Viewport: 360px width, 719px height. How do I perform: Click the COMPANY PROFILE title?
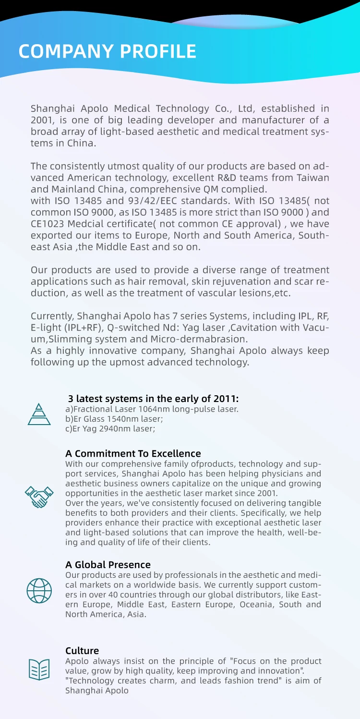(x=108, y=51)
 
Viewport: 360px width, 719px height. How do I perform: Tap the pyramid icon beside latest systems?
(x=39, y=413)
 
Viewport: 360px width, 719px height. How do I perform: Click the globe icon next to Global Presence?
(x=39, y=590)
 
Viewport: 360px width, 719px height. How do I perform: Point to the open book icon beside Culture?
(x=39, y=670)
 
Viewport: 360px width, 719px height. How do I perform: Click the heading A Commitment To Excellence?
(x=133, y=453)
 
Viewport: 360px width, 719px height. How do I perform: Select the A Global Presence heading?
(x=108, y=565)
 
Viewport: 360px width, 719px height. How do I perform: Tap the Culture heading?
(x=82, y=651)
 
